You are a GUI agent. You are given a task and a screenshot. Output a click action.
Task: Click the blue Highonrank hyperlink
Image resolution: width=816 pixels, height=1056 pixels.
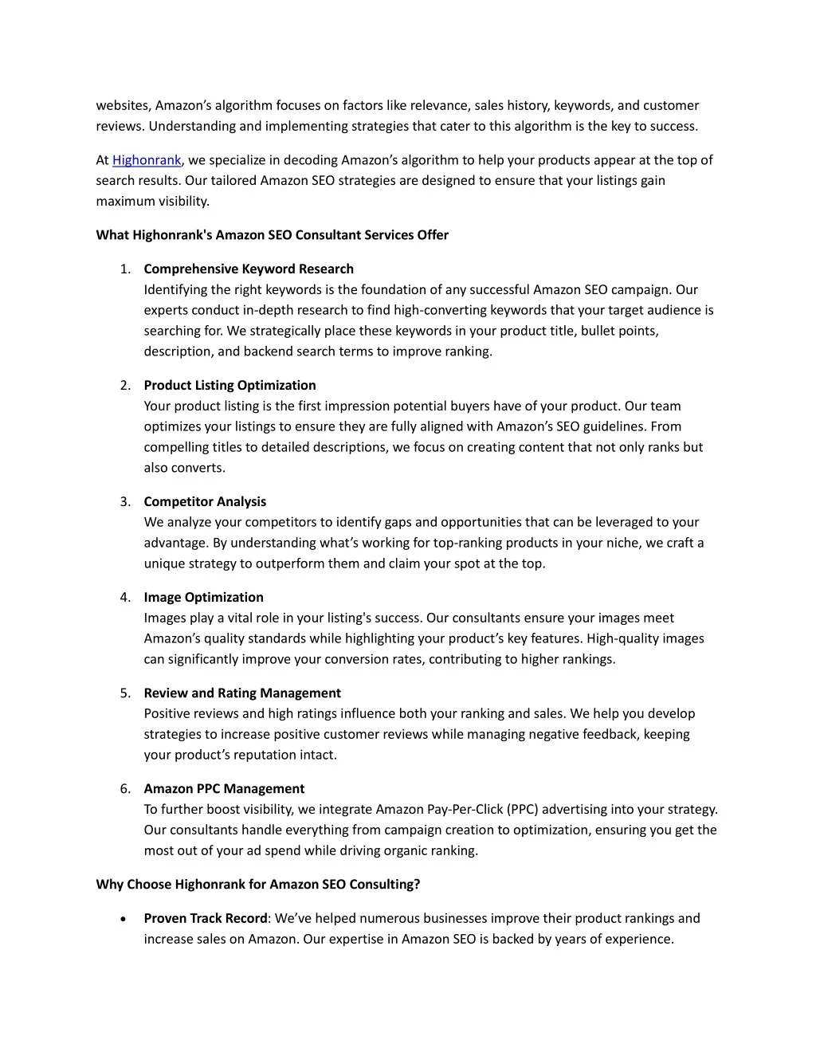[147, 160]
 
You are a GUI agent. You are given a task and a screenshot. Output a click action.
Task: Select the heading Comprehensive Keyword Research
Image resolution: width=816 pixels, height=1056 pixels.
[249, 269]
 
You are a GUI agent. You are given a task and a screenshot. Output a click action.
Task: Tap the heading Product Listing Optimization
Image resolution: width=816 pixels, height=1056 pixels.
[229, 386]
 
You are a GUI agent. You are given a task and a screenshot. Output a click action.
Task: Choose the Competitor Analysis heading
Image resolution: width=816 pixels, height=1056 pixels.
[205, 502]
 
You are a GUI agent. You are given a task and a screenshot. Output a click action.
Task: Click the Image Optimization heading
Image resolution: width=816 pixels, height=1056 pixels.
[203, 598]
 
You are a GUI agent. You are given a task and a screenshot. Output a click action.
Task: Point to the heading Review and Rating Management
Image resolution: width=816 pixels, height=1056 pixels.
[242, 693]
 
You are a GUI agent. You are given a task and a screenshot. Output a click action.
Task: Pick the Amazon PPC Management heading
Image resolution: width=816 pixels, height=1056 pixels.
[224, 789]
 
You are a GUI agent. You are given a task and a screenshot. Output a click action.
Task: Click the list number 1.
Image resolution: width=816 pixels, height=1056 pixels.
[125, 269]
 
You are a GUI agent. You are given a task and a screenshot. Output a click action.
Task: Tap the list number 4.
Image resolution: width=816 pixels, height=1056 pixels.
[125, 598]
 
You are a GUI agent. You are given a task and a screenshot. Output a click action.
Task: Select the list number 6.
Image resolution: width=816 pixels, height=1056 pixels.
[125, 789]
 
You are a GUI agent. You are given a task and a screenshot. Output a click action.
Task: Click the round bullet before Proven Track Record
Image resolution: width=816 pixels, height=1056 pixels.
[122, 919]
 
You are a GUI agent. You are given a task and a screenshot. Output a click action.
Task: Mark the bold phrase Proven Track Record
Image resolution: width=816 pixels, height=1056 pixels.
[206, 919]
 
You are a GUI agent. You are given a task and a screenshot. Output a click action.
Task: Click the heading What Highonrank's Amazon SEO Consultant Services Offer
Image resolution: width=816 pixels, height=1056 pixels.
[272, 235]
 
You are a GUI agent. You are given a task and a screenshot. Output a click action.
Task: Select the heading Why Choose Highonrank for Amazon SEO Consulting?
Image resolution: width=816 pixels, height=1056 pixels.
[257, 885]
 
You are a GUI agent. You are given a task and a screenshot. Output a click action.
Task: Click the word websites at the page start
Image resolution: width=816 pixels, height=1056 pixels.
[123, 106]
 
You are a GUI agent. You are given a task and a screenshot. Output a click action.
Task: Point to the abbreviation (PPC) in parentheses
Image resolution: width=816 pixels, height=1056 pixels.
[523, 810]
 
